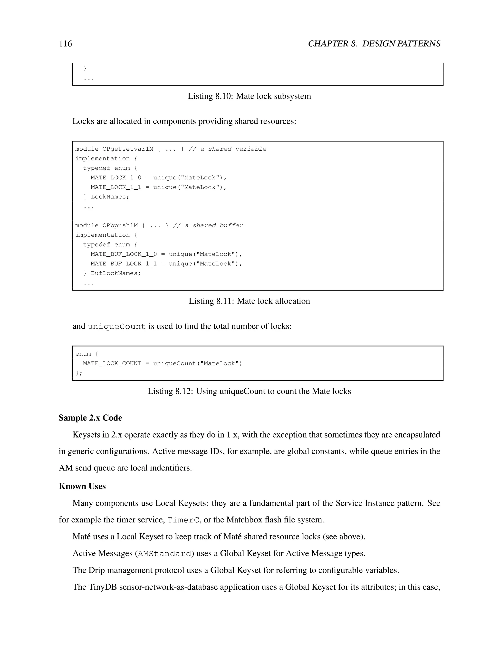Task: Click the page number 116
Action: (x=65, y=44)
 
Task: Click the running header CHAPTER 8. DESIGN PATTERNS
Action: (x=374, y=44)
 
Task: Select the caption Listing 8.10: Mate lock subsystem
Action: (x=249, y=96)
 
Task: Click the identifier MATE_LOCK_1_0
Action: (x=116, y=178)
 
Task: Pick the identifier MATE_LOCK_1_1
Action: (x=116, y=187)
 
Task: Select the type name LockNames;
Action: (x=110, y=197)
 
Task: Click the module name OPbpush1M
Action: (x=120, y=226)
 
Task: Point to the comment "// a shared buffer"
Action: (x=208, y=226)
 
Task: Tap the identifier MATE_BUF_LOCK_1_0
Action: (x=124, y=254)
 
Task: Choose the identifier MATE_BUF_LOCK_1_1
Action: (x=124, y=264)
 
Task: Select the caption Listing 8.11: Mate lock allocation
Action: (x=249, y=301)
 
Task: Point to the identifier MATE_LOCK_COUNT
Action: (x=112, y=363)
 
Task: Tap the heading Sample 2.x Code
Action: (x=90, y=418)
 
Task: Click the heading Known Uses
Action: (x=82, y=486)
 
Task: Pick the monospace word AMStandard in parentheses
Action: (x=164, y=554)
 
